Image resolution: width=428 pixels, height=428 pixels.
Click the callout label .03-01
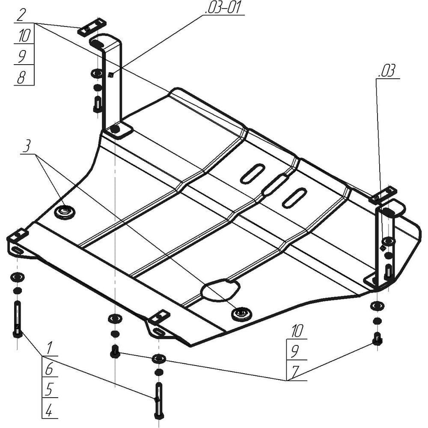(223, 8)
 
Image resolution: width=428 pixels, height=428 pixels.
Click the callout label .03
(387, 71)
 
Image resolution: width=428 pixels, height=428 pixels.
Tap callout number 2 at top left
(21, 15)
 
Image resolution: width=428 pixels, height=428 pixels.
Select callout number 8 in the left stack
(21, 77)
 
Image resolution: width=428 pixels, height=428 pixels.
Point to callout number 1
(49, 348)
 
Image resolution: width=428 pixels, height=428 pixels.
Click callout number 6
(49, 369)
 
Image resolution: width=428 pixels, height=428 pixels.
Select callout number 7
(295, 372)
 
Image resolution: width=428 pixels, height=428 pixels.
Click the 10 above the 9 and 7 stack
(297, 331)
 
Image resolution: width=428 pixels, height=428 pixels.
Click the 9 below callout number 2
(22, 56)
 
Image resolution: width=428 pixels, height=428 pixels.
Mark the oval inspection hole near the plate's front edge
(220, 290)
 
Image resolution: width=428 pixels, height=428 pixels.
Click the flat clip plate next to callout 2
(92, 27)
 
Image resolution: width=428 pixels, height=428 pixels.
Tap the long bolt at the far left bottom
(18, 319)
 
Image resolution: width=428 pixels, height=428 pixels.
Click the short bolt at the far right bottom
(377, 339)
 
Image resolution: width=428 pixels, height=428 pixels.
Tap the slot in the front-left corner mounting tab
(17, 250)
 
